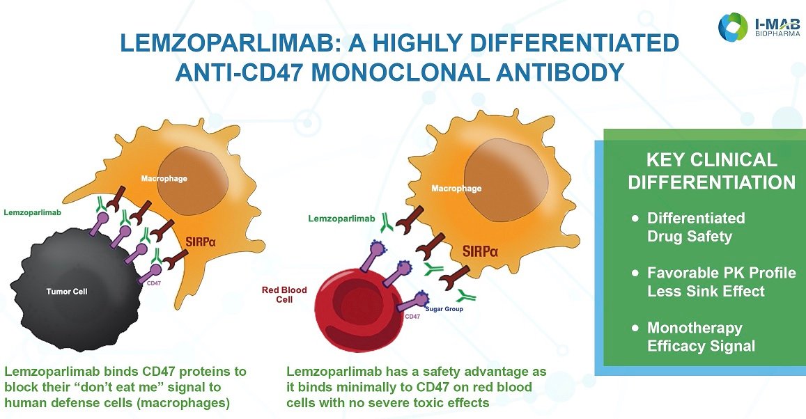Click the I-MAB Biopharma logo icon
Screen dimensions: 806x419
733,26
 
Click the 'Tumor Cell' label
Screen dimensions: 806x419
67,292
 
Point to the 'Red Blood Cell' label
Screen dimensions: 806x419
284,294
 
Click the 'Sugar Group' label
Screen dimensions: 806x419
444,309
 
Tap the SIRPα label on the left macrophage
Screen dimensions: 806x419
201,241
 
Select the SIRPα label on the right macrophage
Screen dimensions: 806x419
480,251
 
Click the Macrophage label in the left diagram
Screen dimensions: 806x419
164,179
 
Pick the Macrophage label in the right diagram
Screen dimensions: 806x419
456,189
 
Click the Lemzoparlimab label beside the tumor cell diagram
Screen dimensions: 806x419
32,212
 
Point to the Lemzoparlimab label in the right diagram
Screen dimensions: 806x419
342,219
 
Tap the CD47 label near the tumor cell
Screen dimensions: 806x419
154,283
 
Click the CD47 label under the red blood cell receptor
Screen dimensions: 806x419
413,316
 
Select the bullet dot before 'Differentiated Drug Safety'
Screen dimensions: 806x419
635,219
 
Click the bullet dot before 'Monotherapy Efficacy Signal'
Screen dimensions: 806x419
635,328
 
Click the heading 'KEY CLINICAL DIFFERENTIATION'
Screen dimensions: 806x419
712,171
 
